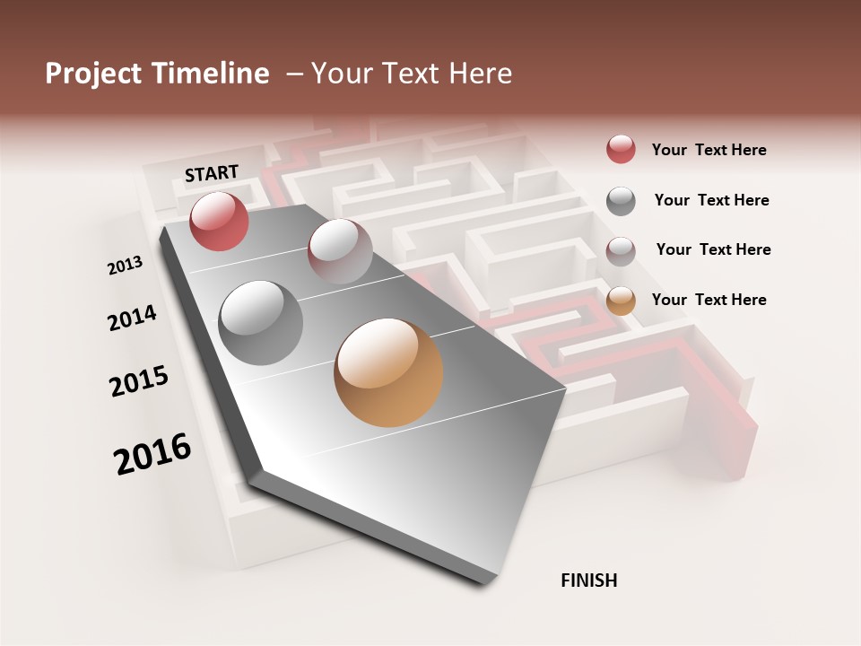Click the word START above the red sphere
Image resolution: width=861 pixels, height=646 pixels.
pyautogui.click(x=212, y=173)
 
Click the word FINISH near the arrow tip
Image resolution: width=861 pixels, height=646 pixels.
pyautogui.click(x=588, y=581)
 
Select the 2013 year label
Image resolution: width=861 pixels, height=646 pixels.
pyautogui.click(x=125, y=266)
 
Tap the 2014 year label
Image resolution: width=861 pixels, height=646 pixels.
pyautogui.click(x=132, y=319)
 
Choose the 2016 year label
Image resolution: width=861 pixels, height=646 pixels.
pyautogui.click(x=152, y=454)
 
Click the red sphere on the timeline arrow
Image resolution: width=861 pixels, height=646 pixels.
pyautogui.click(x=219, y=221)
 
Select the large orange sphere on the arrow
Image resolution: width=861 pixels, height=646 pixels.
pyautogui.click(x=388, y=372)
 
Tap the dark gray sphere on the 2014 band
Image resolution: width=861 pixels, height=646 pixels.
pyautogui.click(x=260, y=323)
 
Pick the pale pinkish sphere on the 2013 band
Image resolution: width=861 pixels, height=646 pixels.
pyautogui.click(x=339, y=250)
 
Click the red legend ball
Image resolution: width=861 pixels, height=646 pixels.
pyautogui.click(x=621, y=150)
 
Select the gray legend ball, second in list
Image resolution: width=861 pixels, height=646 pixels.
pyautogui.click(x=621, y=201)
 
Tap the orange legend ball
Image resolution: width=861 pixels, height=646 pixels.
pyautogui.click(x=621, y=301)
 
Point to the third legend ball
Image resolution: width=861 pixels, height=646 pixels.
pyautogui.click(x=621, y=251)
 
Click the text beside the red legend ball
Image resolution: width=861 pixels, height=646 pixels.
pyautogui.click(x=709, y=151)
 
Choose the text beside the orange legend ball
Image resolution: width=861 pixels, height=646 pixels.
pyautogui.click(x=709, y=300)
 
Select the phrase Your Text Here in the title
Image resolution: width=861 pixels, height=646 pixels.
pyautogui.click(x=411, y=74)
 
